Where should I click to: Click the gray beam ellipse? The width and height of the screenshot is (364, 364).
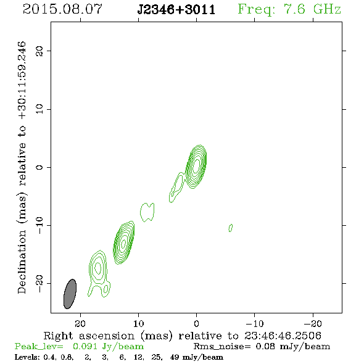70,294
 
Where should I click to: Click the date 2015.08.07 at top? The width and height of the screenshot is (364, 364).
62,9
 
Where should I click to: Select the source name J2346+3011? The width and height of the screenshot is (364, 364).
176,9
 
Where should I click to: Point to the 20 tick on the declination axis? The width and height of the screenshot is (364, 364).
39,51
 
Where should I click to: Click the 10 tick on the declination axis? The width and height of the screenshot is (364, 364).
39,109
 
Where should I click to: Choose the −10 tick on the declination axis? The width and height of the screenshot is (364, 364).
39,225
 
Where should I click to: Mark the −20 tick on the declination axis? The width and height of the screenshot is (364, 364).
39,283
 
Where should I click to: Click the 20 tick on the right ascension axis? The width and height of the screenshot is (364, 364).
80,323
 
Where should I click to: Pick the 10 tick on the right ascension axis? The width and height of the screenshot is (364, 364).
139,323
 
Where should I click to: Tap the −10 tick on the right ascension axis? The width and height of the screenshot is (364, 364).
255,323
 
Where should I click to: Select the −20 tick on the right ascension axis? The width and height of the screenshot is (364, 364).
313,323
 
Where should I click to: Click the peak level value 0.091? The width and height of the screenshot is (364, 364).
85,346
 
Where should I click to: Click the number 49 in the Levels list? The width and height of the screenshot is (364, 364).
175,357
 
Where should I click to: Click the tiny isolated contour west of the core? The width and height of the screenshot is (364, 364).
231,228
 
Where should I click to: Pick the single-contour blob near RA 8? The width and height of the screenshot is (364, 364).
147,212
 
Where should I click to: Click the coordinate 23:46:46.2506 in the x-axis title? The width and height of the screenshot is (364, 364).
283,336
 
